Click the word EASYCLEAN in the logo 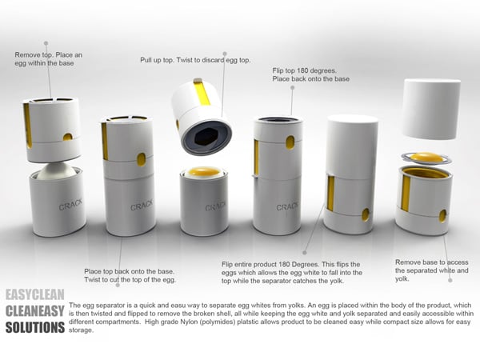(35, 294)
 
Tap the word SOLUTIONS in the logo (35, 327)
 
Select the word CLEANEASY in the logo (35, 311)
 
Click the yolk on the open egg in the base (204, 171)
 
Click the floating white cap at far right (431, 109)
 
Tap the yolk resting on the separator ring (426, 158)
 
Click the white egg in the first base (57, 171)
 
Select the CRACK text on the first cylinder (70, 205)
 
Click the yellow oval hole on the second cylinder (141, 159)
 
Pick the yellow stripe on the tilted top (202, 92)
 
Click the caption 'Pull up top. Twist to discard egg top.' (195, 60)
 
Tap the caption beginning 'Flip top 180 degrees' (310, 74)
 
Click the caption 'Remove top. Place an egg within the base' (48, 58)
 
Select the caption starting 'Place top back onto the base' (130, 275)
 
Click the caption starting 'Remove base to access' (432, 270)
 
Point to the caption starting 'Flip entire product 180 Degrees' (292, 273)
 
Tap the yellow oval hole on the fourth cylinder (290, 142)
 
